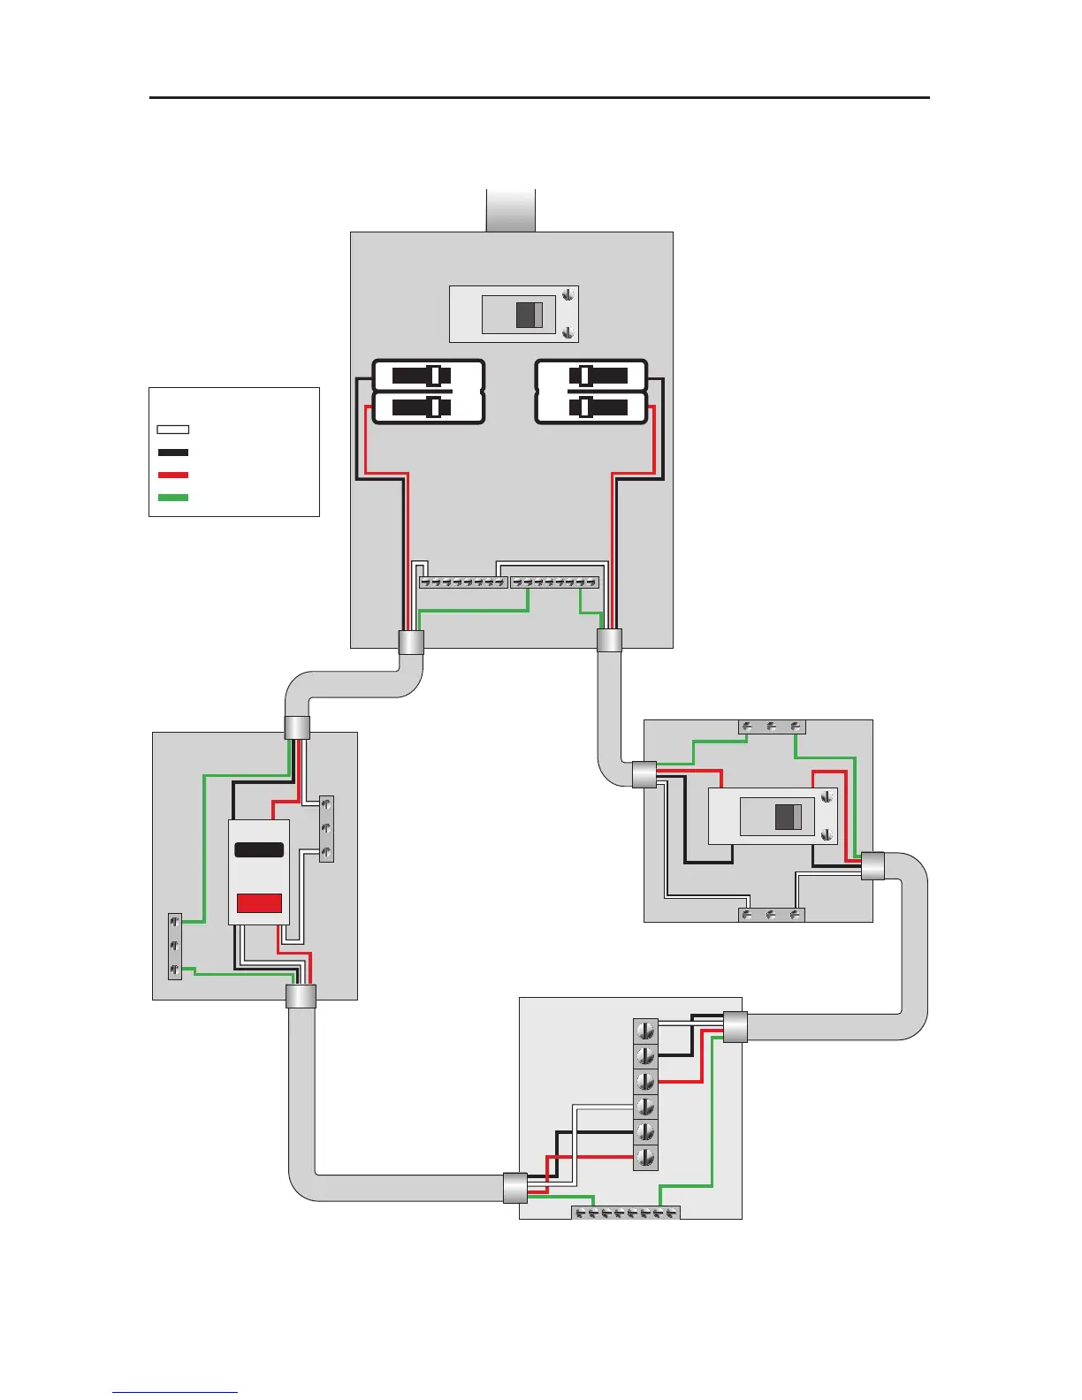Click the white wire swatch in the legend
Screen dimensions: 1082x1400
click(172, 430)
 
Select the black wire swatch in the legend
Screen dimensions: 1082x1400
click(172, 453)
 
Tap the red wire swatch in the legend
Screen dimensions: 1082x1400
click(172, 476)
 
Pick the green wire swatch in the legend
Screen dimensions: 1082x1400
click(172, 498)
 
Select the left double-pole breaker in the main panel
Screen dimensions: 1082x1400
click(429, 392)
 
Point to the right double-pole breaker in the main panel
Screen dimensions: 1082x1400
click(591, 392)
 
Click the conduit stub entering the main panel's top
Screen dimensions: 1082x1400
click(511, 210)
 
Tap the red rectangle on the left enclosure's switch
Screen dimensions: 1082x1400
click(259, 902)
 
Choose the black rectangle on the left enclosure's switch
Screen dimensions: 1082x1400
click(259, 849)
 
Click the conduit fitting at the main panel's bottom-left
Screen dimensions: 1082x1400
click(411, 642)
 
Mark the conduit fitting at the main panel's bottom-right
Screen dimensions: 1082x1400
click(609, 640)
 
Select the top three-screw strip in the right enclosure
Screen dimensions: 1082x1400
click(772, 727)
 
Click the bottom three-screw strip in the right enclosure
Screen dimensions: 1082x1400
click(771, 915)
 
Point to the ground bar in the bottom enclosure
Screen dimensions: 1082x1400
click(625, 1213)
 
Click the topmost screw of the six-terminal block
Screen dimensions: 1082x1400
click(646, 1031)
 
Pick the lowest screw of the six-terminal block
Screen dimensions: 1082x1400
click(646, 1157)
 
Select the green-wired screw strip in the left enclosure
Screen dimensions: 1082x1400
click(175, 947)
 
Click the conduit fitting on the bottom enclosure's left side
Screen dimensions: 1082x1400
click(514, 1188)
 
